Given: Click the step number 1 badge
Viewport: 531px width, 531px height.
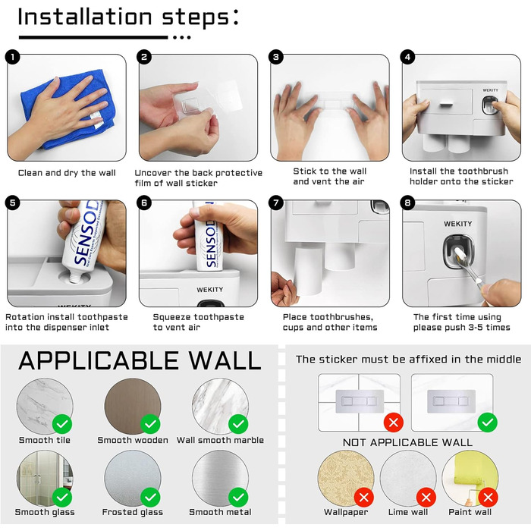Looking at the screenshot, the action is (13, 57).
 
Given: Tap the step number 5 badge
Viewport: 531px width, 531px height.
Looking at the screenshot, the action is (13, 203).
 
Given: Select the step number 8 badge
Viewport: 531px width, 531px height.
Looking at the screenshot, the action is (407, 203).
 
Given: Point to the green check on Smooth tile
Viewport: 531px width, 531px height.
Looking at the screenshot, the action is (62, 423).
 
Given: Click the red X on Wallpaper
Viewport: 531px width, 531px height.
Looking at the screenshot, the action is (363, 498).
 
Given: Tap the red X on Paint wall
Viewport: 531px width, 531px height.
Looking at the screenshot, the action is (488, 498).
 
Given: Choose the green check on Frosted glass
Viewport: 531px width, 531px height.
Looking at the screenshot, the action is (150, 497).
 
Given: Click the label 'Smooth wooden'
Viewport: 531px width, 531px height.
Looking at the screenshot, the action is (133, 440).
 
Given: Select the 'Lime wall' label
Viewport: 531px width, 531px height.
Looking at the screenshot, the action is (408, 512).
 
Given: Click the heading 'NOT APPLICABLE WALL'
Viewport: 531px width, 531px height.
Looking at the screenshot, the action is (407, 442).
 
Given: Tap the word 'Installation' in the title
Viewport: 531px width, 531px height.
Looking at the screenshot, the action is (85, 17).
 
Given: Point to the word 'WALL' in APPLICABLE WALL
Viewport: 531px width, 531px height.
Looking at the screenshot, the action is (225, 360).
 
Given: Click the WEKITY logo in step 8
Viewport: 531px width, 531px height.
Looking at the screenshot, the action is (458, 224).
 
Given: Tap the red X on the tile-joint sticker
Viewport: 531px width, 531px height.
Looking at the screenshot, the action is (394, 423).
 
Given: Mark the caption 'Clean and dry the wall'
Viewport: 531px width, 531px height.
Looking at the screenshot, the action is (67, 173).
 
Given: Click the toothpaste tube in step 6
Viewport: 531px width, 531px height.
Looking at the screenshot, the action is (209, 237).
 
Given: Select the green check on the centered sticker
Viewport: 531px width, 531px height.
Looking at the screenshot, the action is (488, 423).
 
